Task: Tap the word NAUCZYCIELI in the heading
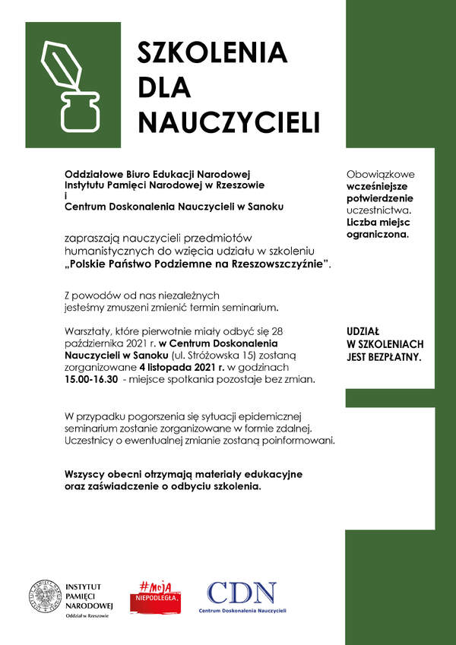229,122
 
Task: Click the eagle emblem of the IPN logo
45,597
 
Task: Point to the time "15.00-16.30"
91,378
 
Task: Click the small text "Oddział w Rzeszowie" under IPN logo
87,615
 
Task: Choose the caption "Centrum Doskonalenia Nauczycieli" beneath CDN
242,611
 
